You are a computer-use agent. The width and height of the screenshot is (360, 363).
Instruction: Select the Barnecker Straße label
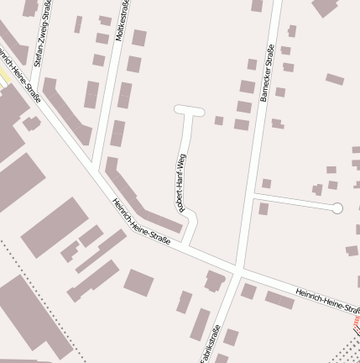(x=267, y=73)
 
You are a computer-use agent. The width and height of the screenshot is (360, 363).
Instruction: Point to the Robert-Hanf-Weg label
(x=180, y=181)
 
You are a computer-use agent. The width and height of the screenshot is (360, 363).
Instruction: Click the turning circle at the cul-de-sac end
(x=337, y=208)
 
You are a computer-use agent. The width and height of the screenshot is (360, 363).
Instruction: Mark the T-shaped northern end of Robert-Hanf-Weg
(x=190, y=109)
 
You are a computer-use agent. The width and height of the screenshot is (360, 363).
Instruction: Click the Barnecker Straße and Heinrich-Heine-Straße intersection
(x=240, y=272)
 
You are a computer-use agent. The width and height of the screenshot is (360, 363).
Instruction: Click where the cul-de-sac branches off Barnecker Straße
(x=253, y=196)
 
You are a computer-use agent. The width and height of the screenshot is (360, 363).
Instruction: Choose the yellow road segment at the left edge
(x=4, y=76)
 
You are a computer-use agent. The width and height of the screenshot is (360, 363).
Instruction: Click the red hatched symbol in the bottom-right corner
(x=355, y=322)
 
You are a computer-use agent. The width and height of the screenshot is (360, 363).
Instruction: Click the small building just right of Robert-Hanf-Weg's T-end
(x=219, y=120)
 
